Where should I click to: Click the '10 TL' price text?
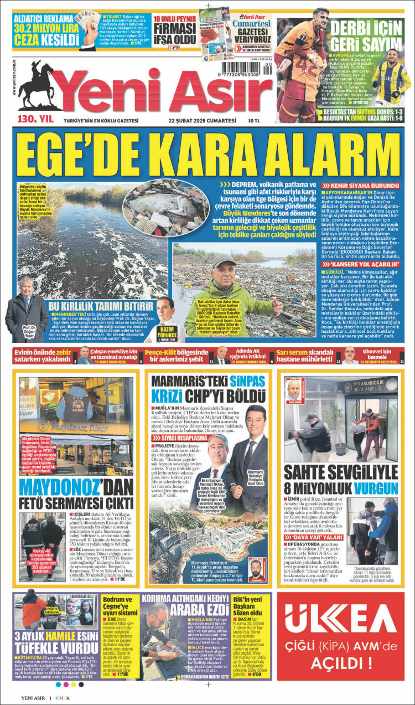pyautogui.click(x=255, y=120)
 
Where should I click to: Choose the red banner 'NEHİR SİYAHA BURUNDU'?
pyautogui.click(x=362, y=185)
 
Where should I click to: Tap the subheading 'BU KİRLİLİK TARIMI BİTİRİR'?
pyautogui.click(x=101, y=306)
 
